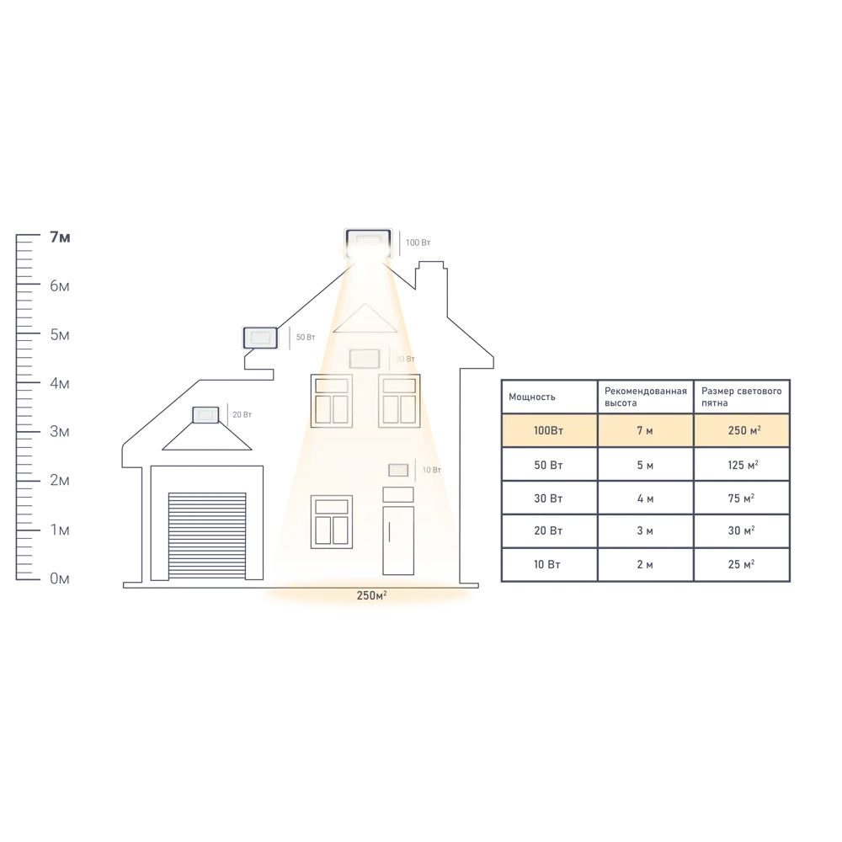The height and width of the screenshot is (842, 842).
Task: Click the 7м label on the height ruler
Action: (x=60, y=238)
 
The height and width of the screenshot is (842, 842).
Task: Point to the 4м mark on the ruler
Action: (x=60, y=384)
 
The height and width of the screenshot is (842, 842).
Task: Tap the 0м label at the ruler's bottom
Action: (x=60, y=578)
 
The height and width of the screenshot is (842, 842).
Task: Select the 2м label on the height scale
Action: (x=60, y=481)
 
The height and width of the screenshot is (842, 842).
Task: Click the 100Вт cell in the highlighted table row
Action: (x=549, y=430)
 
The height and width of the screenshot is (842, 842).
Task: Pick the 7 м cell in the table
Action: (x=645, y=430)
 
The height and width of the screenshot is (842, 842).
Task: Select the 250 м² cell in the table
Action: (x=743, y=430)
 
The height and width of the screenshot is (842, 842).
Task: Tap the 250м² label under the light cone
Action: (x=370, y=596)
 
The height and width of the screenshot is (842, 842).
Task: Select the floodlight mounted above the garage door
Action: (x=204, y=414)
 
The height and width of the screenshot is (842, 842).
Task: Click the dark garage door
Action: (x=207, y=536)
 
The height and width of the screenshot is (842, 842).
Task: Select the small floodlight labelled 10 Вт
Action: (x=397, y=470)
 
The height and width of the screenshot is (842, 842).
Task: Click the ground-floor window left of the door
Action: (x=331, y=520)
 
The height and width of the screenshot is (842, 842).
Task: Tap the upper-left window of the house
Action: (x=331, y=401)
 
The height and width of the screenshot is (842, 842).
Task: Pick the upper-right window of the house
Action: (x=398, y=401)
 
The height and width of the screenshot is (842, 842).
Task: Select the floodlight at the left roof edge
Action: (x=259, y=338)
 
